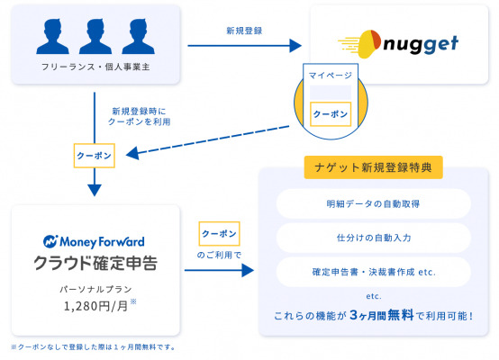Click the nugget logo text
pyautogui.click(x=421, y=44)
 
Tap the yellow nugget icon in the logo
pyautogui.click(x=366, y=44)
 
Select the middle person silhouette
pyautogui.click(x=95, y=36)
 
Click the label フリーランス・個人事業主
pyautogui.click(x=95, y=67)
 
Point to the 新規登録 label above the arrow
pyautogui.click(x=244, y=31)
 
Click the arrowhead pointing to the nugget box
pyautogui.click(x=295, y=46)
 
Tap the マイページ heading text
pyautogui.click(x=331, y=76)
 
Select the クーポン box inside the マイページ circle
pyautogui.click(x=331, y=114)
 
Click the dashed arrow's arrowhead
pyautogui.click(x=132, y=153)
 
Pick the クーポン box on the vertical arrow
pyautogui.click(x=95, y=156)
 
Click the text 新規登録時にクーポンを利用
pyautogui.click(x=139, y=116)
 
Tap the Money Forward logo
pyautogui.click(x=94, y=242)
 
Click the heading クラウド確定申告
pyautogui.click(x=95, y=263)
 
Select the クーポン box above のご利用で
pyautogui.click(x=219, y=234)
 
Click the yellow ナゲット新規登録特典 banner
pyautogui.click(x=373, y=167)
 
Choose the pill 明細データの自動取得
pyautogui.click(x=373, y=203)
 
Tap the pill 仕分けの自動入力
pyautogui.click(x=373, y=238)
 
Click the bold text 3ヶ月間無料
pyautogui.click(x=382, y=315)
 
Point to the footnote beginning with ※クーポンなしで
pyautogui.click(x=94, y=347)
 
